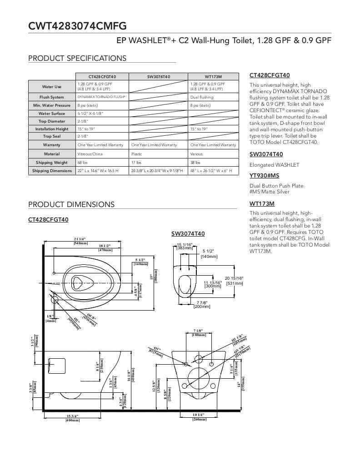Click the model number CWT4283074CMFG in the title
pyautogui.click(x=77, y=26)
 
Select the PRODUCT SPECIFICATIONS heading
pyautogui.click(x=77, y=58)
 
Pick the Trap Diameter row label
pyautogui.click(x=51, y=121)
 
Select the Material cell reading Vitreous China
pyautogui.click(x=90, y=154)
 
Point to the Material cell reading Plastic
pyautogui.click(x=137, y=154)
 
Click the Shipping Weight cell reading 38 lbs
pyautogui.click(x=196, y=162)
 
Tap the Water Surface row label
pyautogui.click(x=51, y=114)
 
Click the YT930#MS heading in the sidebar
pyautogui.click(x=264, y=175)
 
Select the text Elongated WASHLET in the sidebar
pyautogui.click(x=274, y=165)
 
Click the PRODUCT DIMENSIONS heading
pyautogui.click(x=71, y=204)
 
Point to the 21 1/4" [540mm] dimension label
pyautogui.click(x=80, y=241)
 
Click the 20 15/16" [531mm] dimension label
pyautogui.click(x=234, y=281)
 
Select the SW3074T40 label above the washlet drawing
pyautogui.click(x=188, y=234)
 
